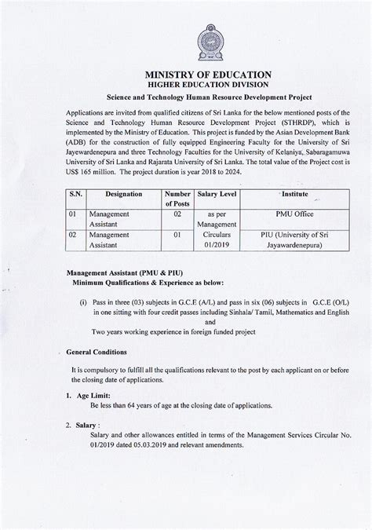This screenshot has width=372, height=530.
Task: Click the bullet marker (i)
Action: pos(83,302)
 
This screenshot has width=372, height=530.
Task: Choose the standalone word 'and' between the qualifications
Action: pos(210,320)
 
